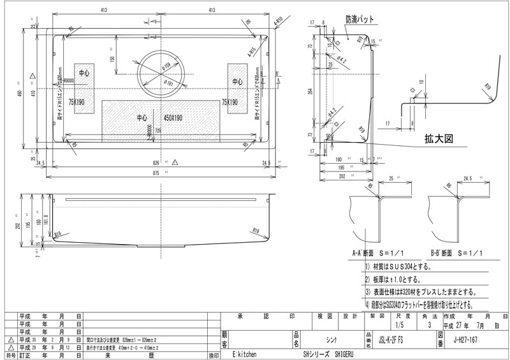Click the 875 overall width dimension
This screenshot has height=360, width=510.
point(164,171)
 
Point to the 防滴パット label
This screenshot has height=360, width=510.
point(360,20)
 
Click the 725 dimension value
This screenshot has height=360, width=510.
point(157,131)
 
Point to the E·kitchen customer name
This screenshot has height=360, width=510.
point(244,354)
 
